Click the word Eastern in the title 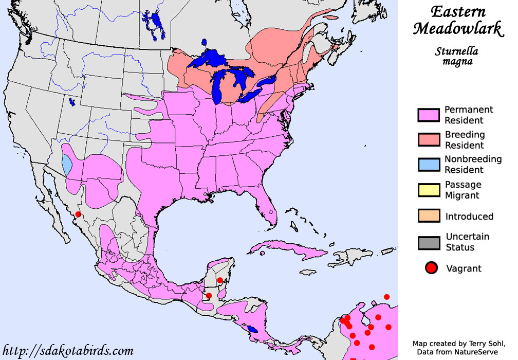click(x=458, y=12)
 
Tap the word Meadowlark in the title click(x=458, y=29)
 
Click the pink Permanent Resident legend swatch click(x=429, y=115)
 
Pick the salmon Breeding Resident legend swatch click(x=429, y=140)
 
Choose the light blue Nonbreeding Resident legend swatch click(x=429, y=165)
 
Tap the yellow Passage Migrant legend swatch click(x=429, y=190)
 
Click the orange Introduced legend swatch click(x=429, y=216)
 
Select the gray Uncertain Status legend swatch click(x=429, y=242)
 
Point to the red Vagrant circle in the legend click(x=431, y=268)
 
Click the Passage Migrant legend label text click(x=462, y=190)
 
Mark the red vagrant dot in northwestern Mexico click(x=78, y=214)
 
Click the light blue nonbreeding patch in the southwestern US click(x=67, y=165)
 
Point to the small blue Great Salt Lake click(x=72, y=102)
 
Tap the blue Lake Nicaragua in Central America click(x=252, y=329)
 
